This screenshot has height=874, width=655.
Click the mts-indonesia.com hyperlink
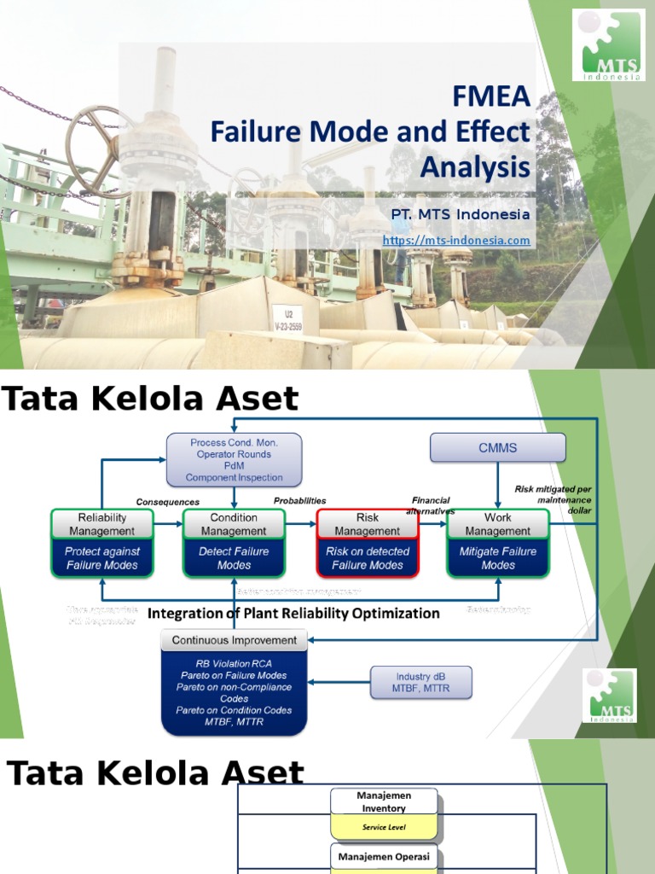tap(456, 241)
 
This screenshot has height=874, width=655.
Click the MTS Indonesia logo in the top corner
tap(608, 45)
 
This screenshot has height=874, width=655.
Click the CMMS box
tap(497, 447)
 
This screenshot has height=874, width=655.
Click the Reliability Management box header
tap(102, 524)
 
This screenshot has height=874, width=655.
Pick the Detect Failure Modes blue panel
tap(234, 558)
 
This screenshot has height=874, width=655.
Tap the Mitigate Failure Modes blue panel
tap(498, 558)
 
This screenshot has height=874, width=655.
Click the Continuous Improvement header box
tap(234, 640)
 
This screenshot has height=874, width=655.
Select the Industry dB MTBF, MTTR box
tap(420, 682)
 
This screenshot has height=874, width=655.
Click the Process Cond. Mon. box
tap(234, 459)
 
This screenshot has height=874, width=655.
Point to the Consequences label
tap(168, 502)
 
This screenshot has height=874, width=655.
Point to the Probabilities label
tap(299, 501)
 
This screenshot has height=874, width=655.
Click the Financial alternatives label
tap(430, 505)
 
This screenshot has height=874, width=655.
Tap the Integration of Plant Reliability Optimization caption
tap(293, 613)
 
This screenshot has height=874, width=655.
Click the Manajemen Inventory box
tap(384, 801)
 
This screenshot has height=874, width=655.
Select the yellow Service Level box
tap(384, 827)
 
